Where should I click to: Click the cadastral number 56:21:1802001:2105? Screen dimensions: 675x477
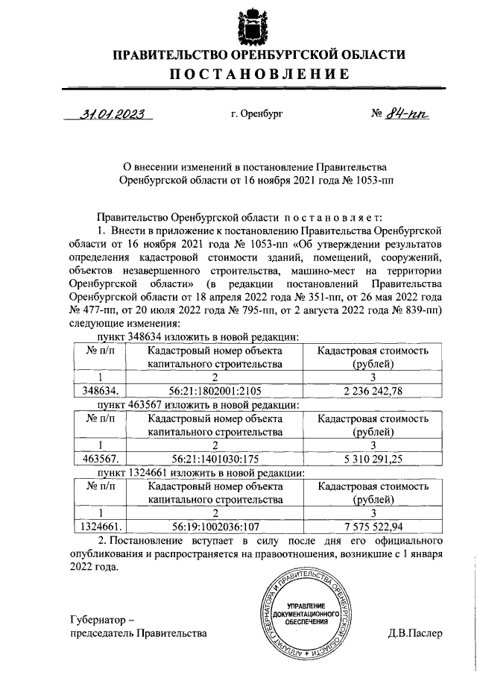[x=214, y=390]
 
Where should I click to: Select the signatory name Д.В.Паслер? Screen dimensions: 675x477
[x=415, y=634]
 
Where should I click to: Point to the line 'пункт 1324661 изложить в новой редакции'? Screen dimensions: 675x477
[x=195, y=472]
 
